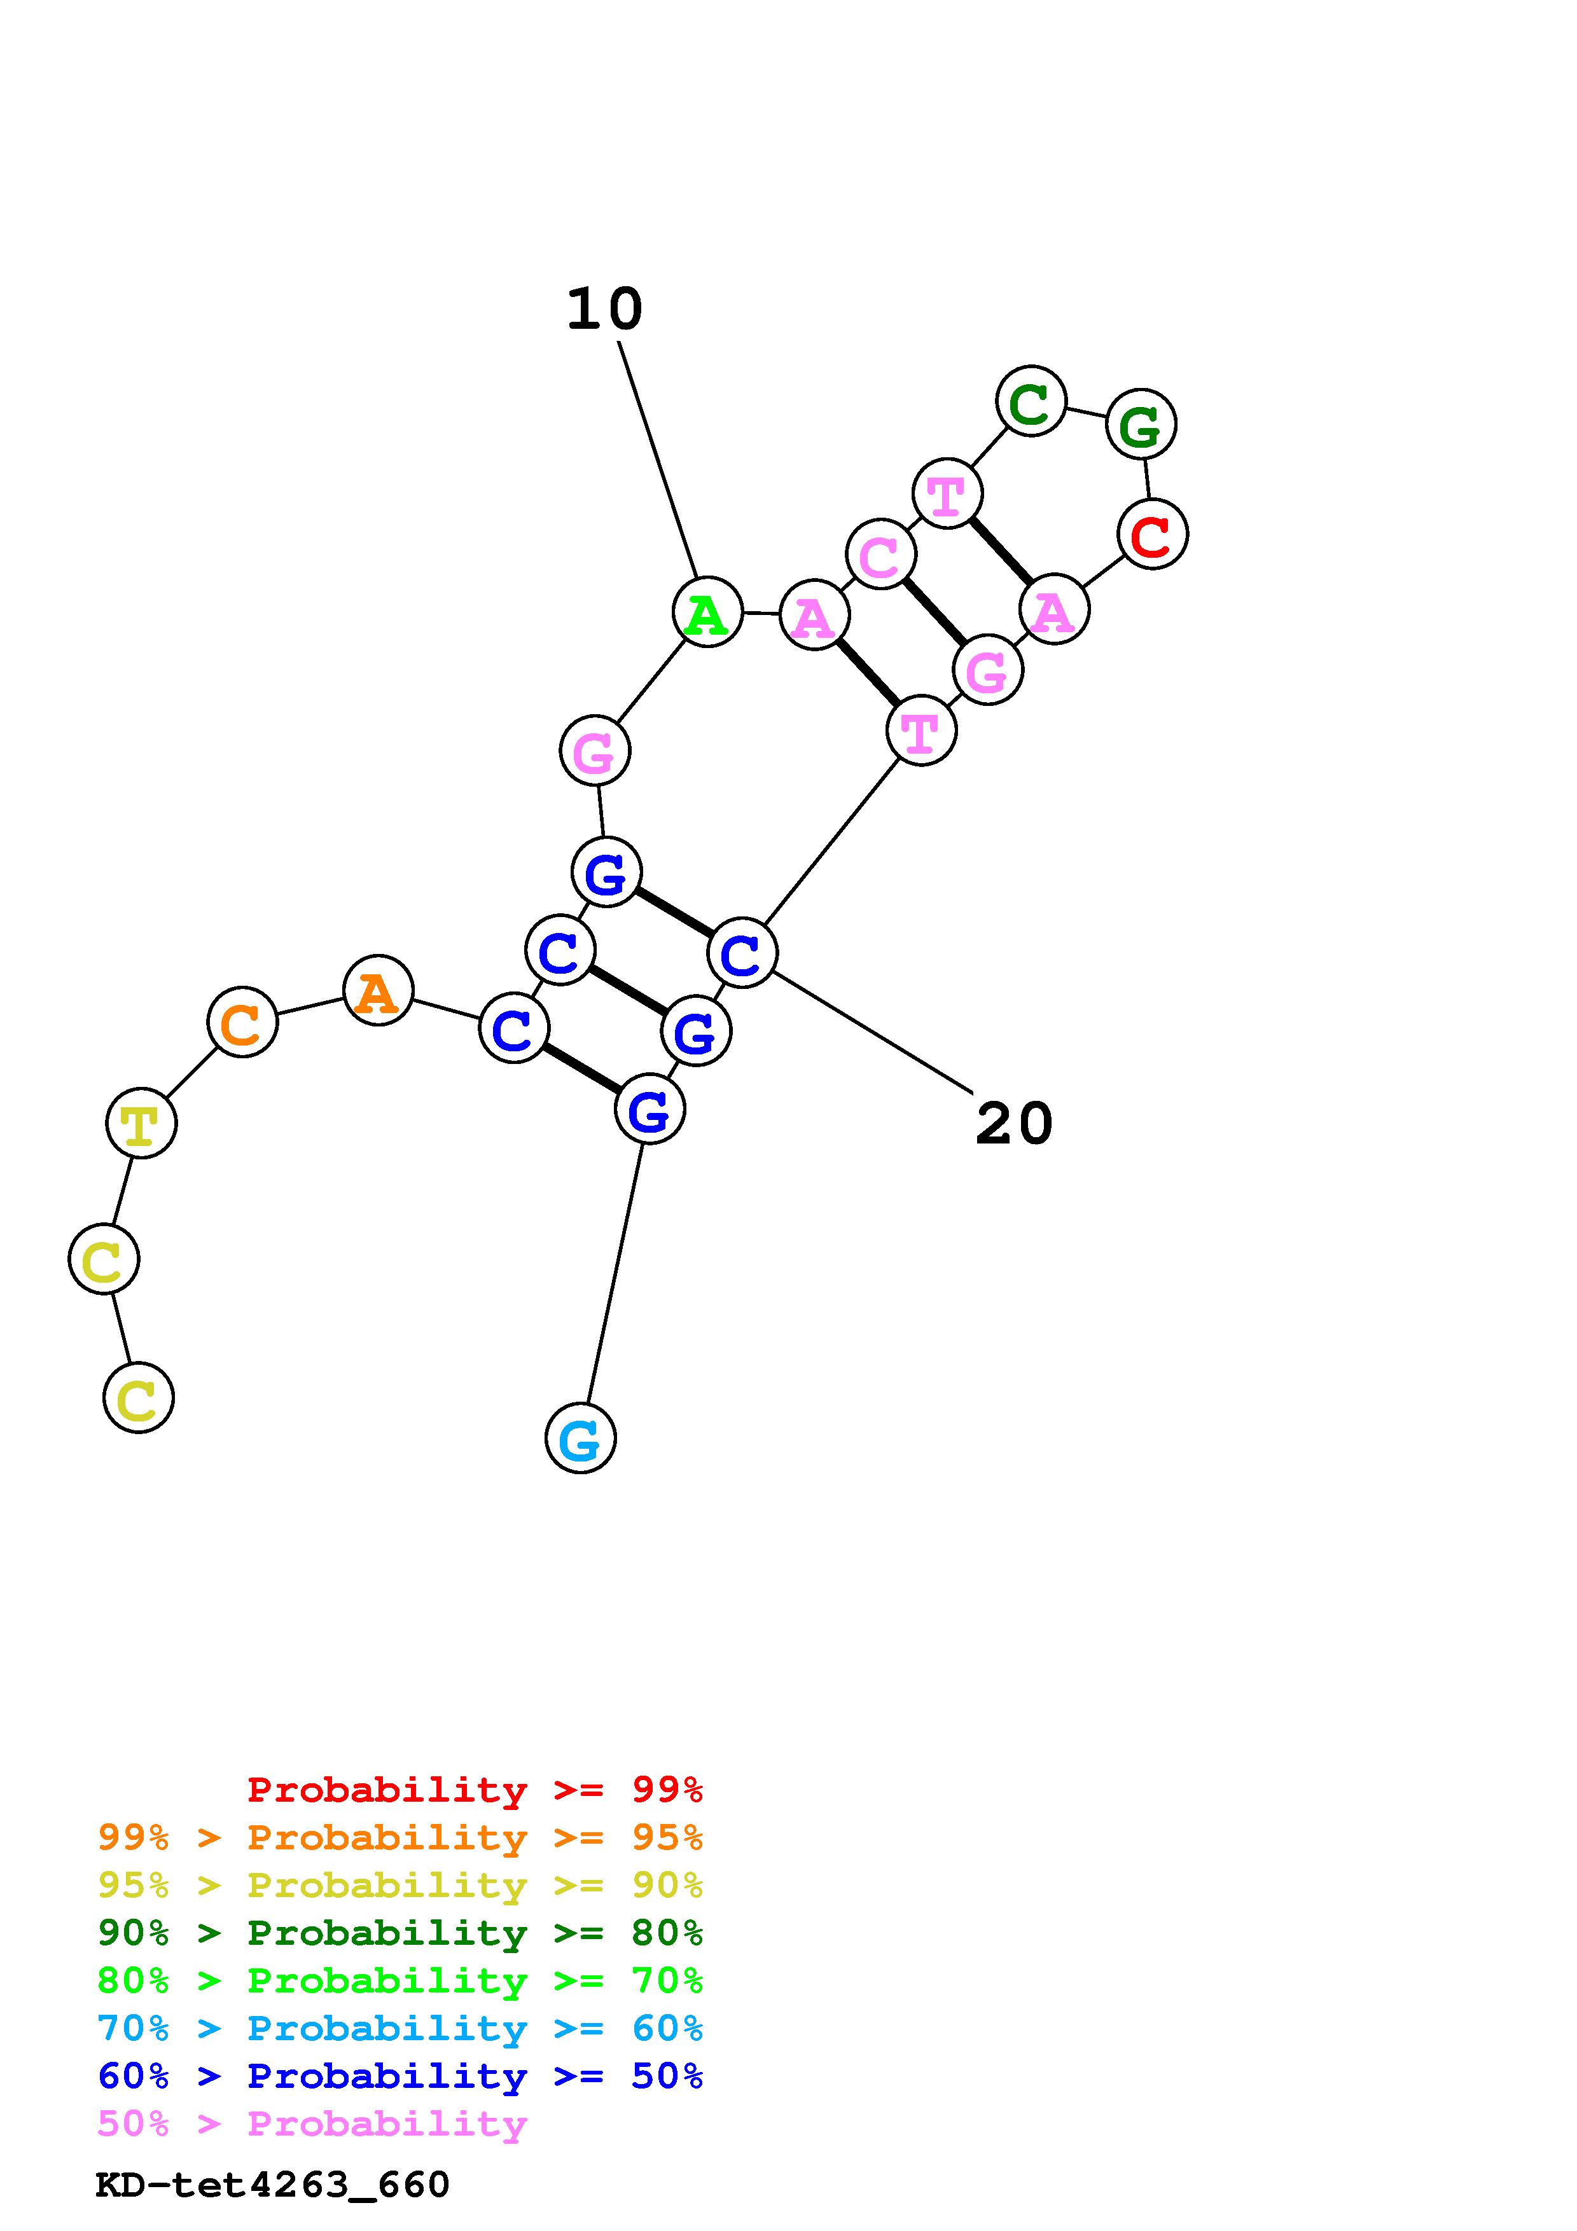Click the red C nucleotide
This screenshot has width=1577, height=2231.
tap(1153, 534)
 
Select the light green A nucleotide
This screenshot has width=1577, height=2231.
tap(707, 612)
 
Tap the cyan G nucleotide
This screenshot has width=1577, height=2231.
tap(580, 1438)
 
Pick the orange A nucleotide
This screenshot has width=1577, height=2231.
tap(378, 991)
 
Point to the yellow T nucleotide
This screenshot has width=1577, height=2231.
tap(141, 1123)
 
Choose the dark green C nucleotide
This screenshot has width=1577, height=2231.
tap(1031, 401)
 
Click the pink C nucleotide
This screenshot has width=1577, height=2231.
tap(881, 555)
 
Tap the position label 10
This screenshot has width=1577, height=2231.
tap(604, 309)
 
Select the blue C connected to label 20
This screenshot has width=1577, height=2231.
tap(742, 953)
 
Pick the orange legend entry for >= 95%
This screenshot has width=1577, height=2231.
tap(400, 1837)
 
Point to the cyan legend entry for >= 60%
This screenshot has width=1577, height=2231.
tap(400, 2028)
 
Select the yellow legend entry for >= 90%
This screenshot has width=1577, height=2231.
tap(400, 1884)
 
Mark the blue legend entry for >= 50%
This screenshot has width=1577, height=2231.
tap(400, 2076)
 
